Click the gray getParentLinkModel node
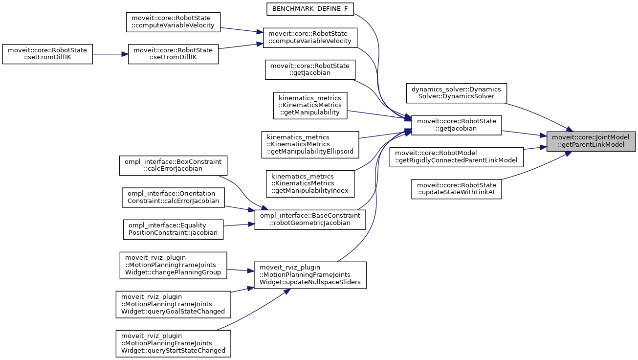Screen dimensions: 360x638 pyautogui.click(x=591, y=141)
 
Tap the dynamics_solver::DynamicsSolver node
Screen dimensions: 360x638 pyautogui.click(x=457, y=93)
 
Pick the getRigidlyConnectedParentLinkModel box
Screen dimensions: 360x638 pyautogui.click(x=457, y=157)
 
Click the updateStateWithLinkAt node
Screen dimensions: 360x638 pyautogui.click(x=457, y=189)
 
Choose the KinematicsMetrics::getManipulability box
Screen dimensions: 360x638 pyautogui.click(x=309, y=105)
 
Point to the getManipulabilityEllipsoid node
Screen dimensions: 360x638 pyautogui.click(x=310, y=144)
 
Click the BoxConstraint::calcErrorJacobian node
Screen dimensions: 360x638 pyautogui.click(x=173, y=165)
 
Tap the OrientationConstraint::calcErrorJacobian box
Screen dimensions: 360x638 pyautogui.click(x=173, y=197)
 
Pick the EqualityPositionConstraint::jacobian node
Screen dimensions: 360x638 pyautogui.click(x=173, y=228)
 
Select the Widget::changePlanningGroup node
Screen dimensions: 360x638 pyautogui.click(x=174, y=265)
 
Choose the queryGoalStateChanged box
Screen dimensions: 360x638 pyautogui.click(x=173, y=304)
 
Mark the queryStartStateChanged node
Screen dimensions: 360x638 pyautogui.click(x=173, y=343)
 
